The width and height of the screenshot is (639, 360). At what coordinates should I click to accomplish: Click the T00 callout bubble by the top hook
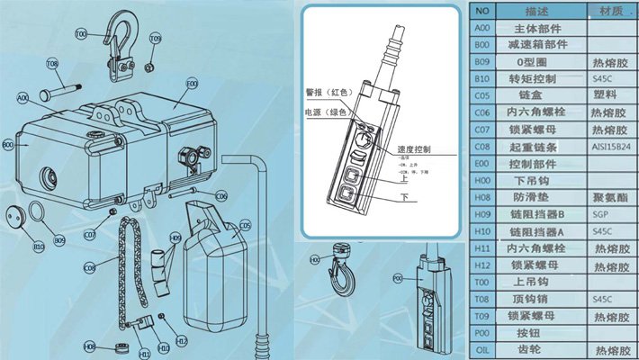point(82,33)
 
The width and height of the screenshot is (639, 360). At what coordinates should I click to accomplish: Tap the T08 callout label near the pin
point(52,64)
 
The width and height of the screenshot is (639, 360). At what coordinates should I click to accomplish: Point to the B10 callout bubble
point(39,246)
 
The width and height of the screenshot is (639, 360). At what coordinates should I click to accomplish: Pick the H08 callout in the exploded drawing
point(90,346)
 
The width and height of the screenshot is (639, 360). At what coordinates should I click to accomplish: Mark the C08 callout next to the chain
point(89,267)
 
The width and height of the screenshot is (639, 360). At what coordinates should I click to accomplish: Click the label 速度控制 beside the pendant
point(413,148)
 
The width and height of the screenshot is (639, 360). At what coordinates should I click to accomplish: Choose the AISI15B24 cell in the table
point(611,145)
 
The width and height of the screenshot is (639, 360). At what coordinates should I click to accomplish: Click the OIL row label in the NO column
point(481,345)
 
